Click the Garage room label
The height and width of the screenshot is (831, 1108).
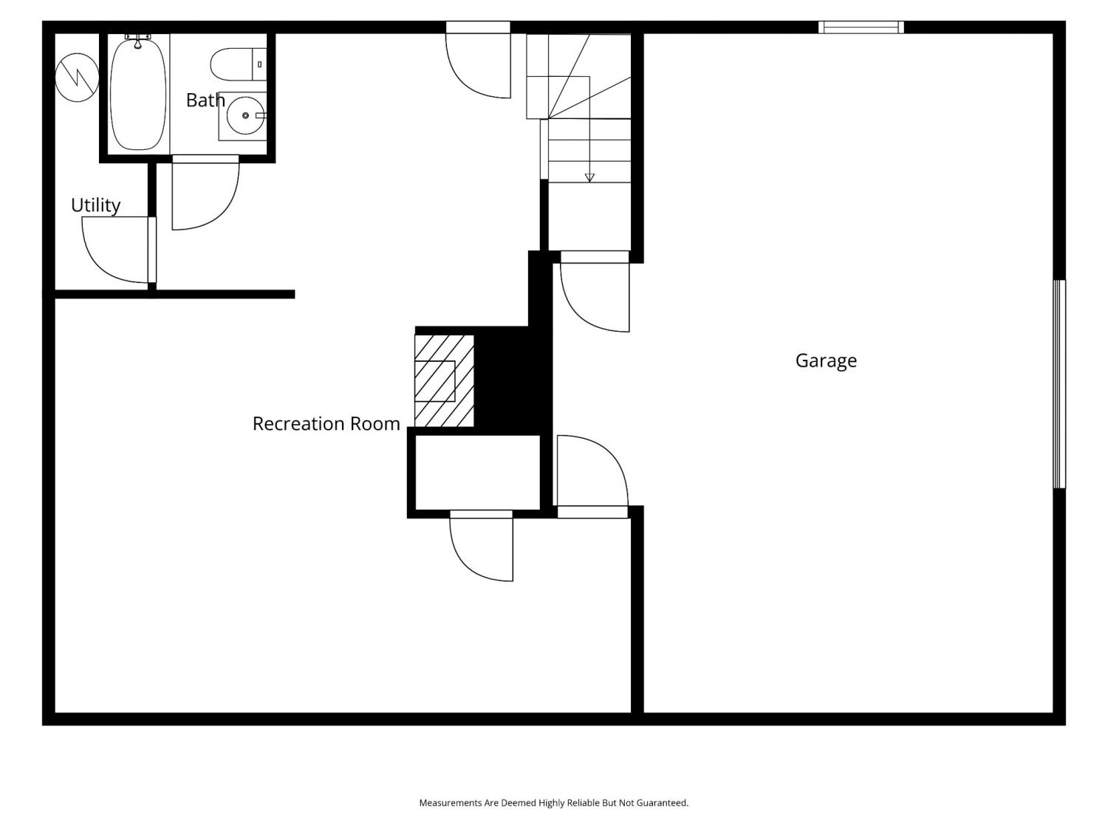pos(826,360)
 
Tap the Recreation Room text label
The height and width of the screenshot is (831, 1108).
pos(326,423)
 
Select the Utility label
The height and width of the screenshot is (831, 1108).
pos(95,205)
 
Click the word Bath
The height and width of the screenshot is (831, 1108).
pos(205,100)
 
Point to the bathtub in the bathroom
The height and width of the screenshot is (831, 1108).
pos(138,93)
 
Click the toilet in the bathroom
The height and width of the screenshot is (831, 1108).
pos(239,64)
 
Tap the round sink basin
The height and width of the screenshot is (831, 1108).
pos(245,115)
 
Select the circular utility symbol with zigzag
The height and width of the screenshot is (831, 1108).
pos(77,78)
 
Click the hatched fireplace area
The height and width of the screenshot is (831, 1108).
pos(444,381)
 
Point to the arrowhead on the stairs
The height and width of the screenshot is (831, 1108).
pos(589,177)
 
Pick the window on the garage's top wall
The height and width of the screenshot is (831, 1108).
pos(861,27)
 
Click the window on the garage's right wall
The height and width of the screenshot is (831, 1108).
pos(1059,384)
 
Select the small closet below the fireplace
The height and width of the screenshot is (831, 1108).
pos(477,472)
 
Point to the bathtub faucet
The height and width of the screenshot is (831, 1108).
pos(138,41)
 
